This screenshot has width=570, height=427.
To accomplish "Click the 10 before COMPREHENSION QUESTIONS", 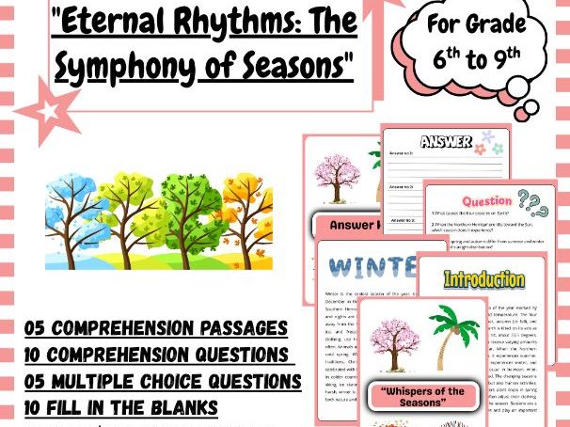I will (x=36, y=356).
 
